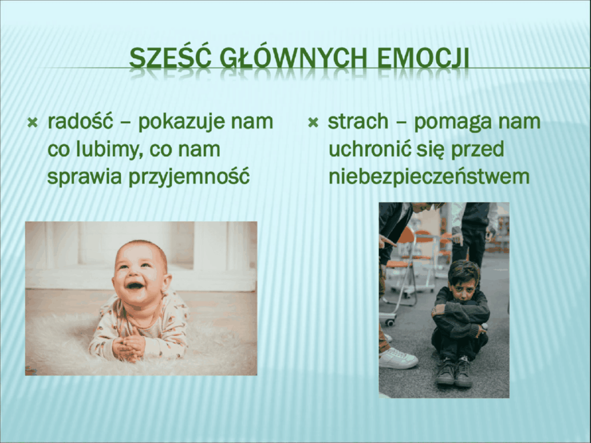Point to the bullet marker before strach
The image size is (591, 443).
[x=313, y=124]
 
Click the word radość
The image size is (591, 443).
[x=80, y=121]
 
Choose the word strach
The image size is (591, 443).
[x=358, y=121]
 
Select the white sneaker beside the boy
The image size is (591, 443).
[x=397, y=358]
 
